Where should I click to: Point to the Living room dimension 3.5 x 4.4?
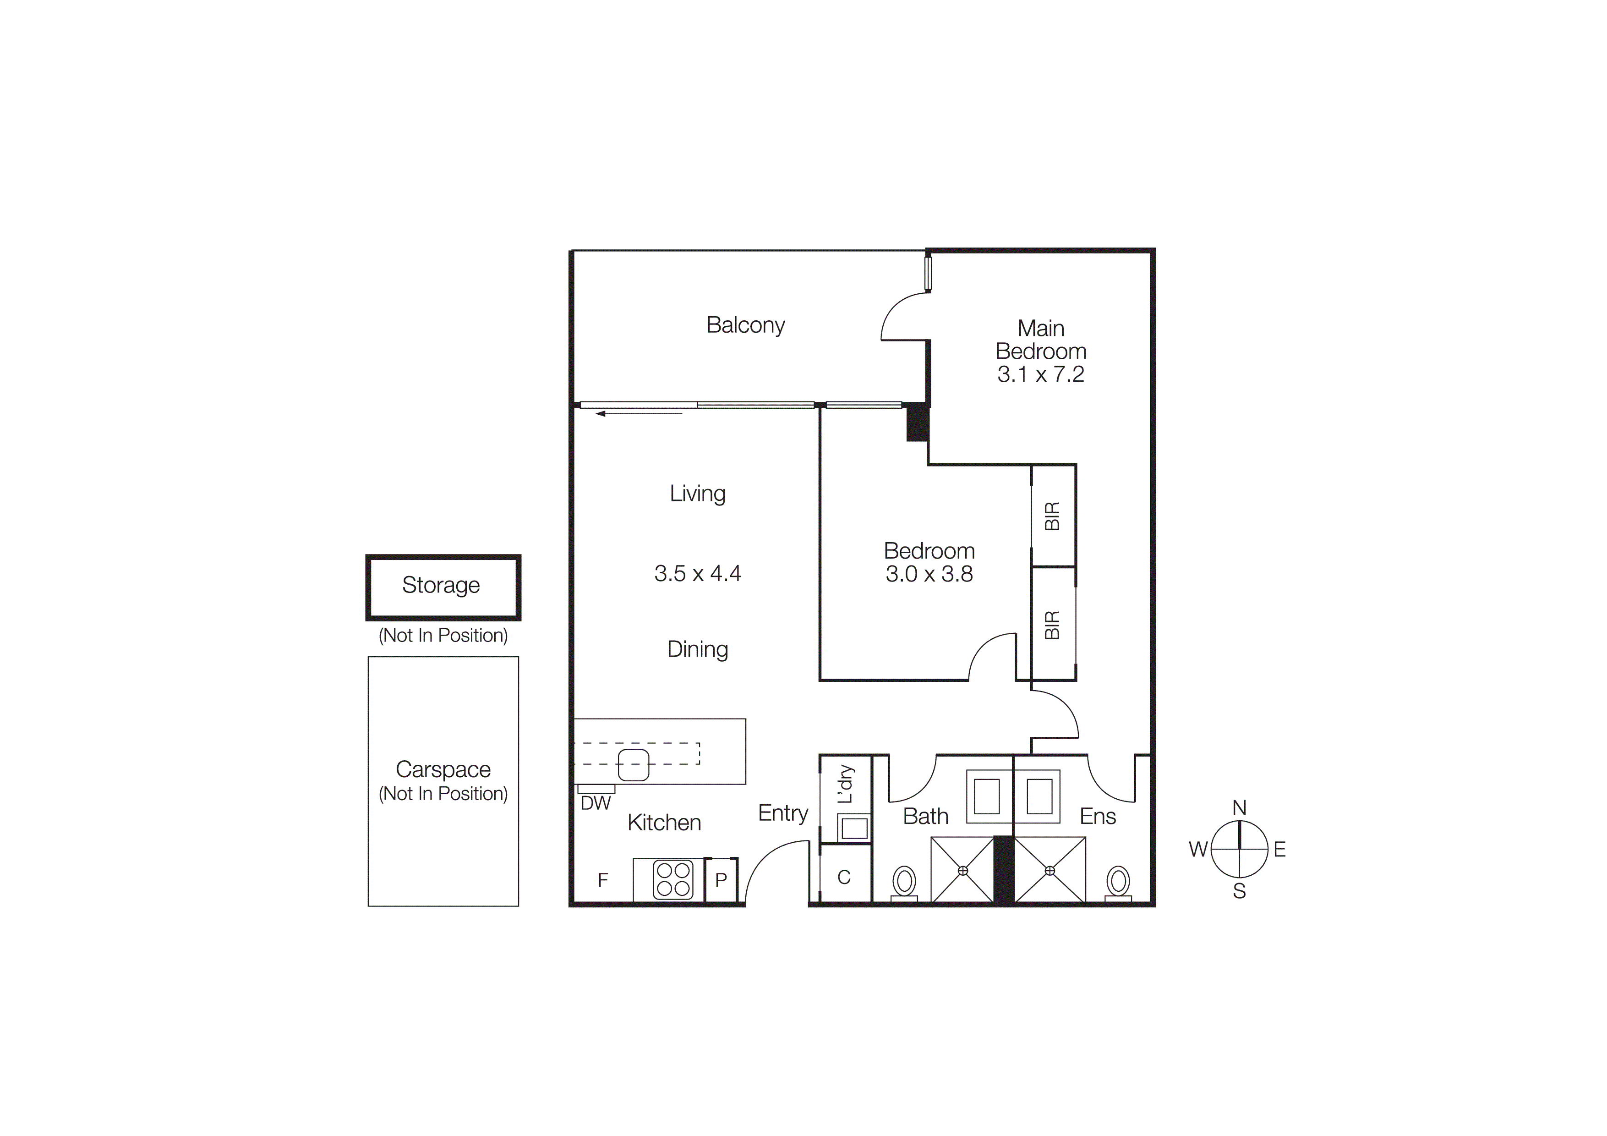click(x=697, y=573)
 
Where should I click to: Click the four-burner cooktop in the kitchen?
click(x=672, y=879)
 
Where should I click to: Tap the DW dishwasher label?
click(x=596, y=803)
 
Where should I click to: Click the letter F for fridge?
click(x=603, y=880)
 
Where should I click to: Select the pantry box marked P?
click(x=721, y=880)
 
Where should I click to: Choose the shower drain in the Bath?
click(x=962, y=871)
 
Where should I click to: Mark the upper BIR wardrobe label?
click(x=1052, y=516)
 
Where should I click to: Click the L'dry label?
click(x=846, y=784)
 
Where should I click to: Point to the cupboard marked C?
click(x=844, y=877)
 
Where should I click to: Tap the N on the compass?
click(x=1239, y=808)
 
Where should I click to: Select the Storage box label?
click(x=441, y=585)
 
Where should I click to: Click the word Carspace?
click(x=443, y=769)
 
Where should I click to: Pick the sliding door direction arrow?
click(x=638, y=414)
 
